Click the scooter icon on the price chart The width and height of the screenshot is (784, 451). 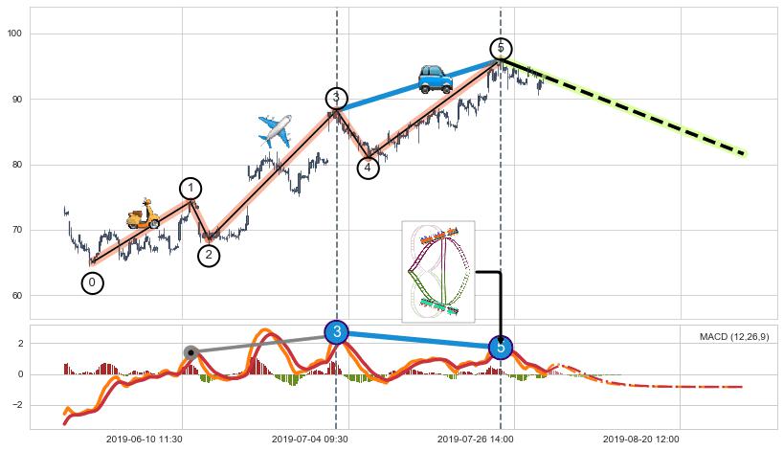pos(143,214)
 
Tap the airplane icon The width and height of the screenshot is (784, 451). pos(275,130)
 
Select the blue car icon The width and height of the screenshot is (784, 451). pos(435,78)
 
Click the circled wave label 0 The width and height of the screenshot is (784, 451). pos(92,282)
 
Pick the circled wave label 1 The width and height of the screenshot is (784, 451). pos(190,189)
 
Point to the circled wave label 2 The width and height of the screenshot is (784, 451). pos(209,256)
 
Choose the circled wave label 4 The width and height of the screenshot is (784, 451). pos(368,169)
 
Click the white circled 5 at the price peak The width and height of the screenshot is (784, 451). pos(501,49)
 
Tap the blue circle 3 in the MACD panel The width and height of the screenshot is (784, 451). pos(336,332)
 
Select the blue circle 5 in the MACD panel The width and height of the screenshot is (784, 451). pos(501,348)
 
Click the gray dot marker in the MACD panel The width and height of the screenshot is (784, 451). pos(191,352)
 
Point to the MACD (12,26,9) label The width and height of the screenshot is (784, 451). pos(733,337)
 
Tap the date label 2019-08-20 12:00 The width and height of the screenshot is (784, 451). pos(641,440)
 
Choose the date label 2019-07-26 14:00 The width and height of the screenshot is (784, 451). pos(476,440)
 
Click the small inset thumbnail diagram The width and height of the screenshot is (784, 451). pos(437,271)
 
